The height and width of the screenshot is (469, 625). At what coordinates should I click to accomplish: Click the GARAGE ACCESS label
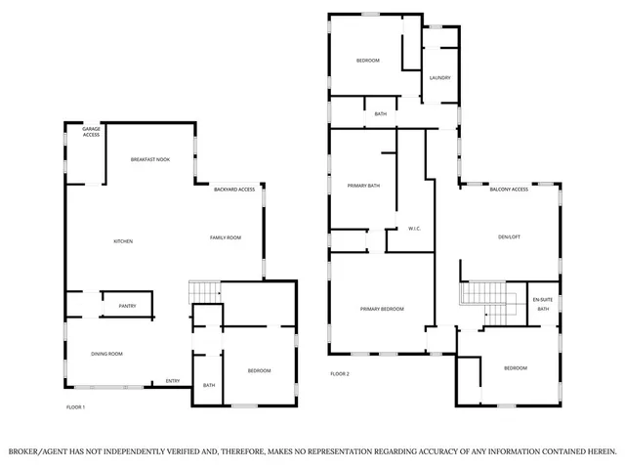(91, 132)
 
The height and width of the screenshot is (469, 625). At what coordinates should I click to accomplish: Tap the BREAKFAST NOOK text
(150, 158)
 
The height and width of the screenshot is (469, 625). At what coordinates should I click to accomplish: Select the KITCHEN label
(123, 241)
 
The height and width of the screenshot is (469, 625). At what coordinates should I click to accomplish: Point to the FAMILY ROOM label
(226, 237)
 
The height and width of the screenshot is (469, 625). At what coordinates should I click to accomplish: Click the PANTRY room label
(127, 306)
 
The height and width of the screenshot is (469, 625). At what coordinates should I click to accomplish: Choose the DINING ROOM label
(107, 354)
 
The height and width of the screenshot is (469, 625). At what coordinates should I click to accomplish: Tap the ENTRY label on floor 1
(173, 381)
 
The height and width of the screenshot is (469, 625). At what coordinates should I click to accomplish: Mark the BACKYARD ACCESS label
(234, 189)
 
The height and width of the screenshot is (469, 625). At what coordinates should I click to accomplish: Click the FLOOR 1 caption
(75, 406)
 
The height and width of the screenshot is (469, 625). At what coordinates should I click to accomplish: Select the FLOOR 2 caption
(339, 374)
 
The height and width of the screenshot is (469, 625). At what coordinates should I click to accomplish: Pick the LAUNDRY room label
(439, 77)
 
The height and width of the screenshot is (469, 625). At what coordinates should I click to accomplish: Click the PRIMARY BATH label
(363, 185)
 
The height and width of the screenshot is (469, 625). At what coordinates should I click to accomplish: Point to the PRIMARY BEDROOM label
(382, 309)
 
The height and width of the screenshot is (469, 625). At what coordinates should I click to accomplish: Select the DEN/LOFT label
(509, 236)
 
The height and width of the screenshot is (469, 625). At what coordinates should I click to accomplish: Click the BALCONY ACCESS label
(509, 189)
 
